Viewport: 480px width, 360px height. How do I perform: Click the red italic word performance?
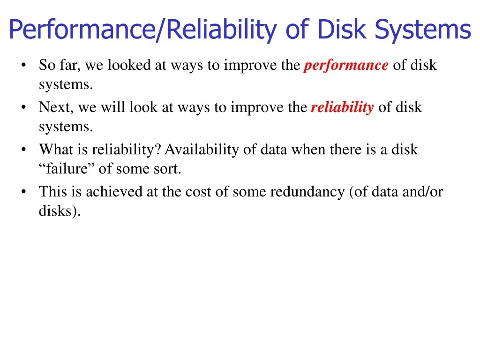(346, 65)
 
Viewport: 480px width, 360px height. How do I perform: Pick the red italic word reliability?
(342, 107)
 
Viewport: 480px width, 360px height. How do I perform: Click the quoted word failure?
(67, 169)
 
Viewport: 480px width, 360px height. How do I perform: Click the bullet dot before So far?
(23, 65)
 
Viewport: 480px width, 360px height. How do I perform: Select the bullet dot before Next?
(23, 107)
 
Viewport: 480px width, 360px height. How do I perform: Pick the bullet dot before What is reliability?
(23, 150)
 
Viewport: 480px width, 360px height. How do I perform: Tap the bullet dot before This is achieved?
(23, 192)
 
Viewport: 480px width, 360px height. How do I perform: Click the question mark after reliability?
(158, 150)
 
